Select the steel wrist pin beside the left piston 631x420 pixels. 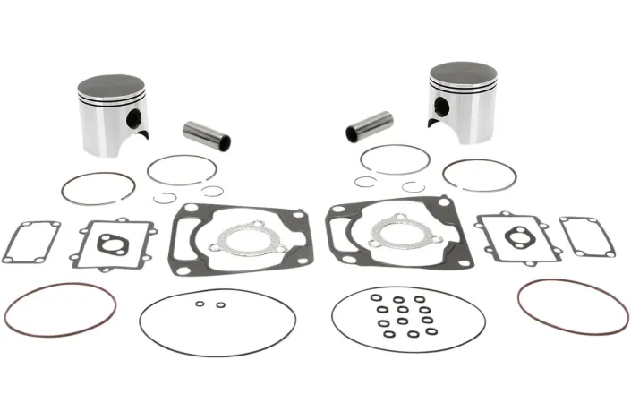(207, 134)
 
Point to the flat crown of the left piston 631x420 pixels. (110, 87)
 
